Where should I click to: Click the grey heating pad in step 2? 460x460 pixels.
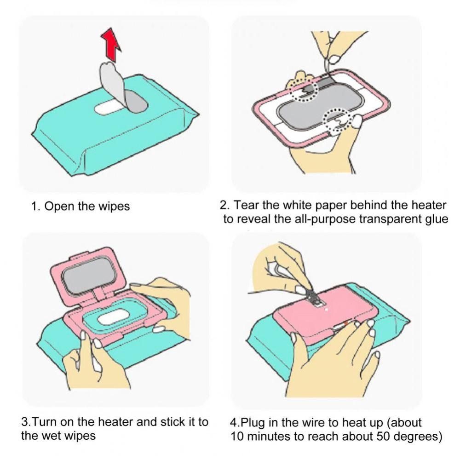pyautogui.click(x=321, y=106)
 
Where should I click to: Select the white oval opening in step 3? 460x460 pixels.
pyautogui.click(x=113, y=317)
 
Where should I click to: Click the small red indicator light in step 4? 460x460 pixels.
pyautogui.click(x=346, y=323)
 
